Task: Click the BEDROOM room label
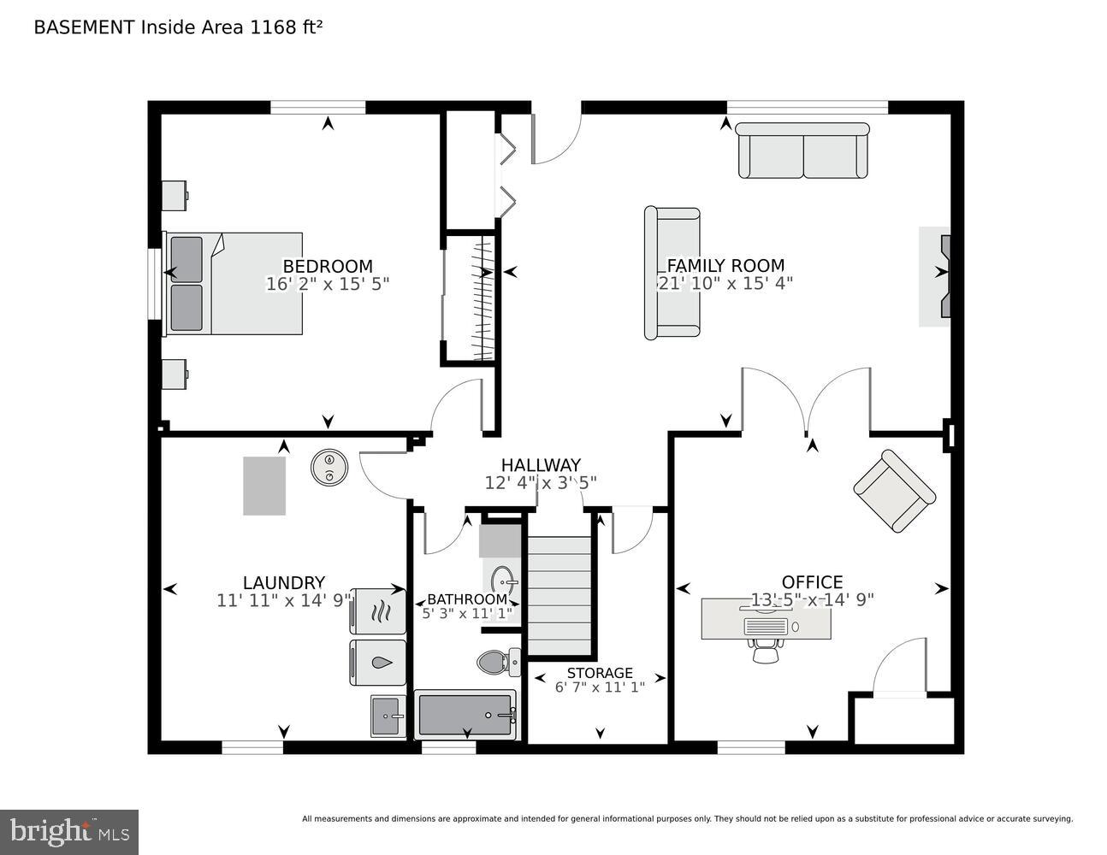pyautogui.click(x=328, y=266)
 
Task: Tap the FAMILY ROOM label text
pyautogui.click(x=725, y=265)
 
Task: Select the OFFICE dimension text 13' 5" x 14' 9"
pyautogui.click(x=812, y=600)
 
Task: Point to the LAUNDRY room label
pyautogui.click(x=283, y=583)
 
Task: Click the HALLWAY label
pyautogui.click(x=541, y=465)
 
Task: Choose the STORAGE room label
pyautogui.click(x=600, y=673)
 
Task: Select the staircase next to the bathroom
pyautogui.click(x=559, y=595)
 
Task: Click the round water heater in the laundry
pyautogui.click(x=329, y=468)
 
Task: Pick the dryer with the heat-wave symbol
pyautogui.click(x=378, y=610)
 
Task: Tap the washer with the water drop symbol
pyautogui.click(x=378, y=663)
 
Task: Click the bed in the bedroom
pyautogui.click(x=234, y=283)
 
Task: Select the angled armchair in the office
pyautogui.click(x=894, y=491)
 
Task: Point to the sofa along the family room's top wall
pyautogui.click(x=803, y=150)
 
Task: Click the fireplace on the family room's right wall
pyautogui.click(x=936, y=276)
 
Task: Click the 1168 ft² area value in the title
pyautogui.click(x=286, y=27)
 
